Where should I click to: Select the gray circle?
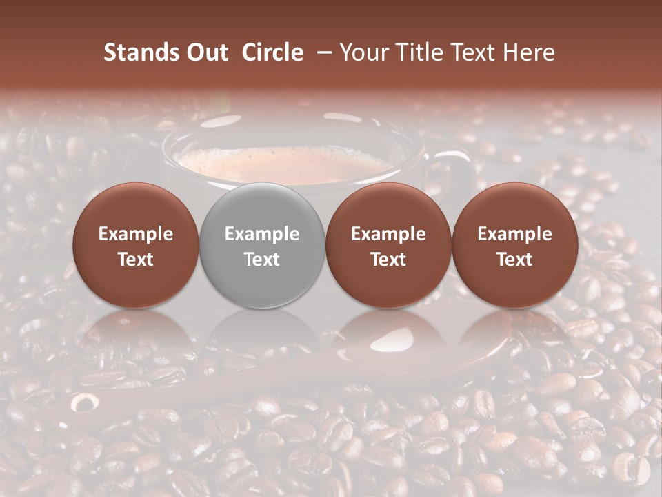click(x=262, y=246)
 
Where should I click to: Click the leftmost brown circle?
click(x=135, y=246)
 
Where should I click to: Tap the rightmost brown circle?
click(x=515, y=246)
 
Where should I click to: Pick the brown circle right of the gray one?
click(x=388, y=246)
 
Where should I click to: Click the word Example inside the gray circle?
click(x=262, y=234)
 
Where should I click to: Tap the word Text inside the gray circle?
click(x=262, y=260)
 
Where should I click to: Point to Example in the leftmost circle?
click(x=135, y=234)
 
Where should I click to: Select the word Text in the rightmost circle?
click(x=515, y=260)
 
